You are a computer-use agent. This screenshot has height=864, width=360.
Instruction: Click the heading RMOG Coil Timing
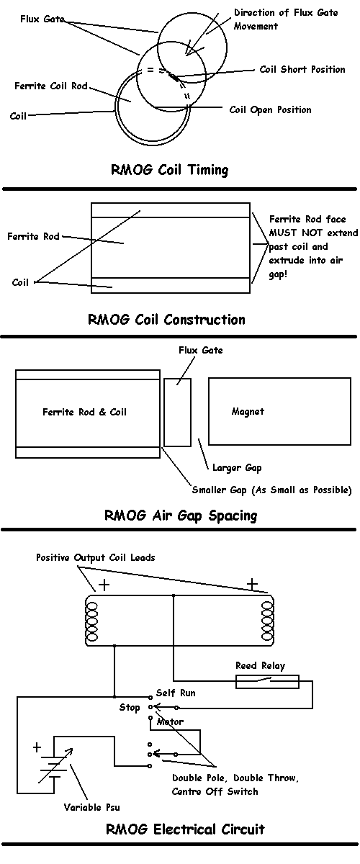[x=169, y=170]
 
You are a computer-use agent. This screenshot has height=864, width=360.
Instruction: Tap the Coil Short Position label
[x=302, y=69]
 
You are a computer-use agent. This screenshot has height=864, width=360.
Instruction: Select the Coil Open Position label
[x=270, y=110]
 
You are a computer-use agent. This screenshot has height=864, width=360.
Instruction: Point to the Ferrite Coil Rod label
[x=51, y=86]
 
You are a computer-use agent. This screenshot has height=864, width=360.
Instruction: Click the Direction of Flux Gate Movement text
[x=286, y=19]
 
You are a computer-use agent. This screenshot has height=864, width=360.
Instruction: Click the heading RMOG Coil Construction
[x=166, y=320]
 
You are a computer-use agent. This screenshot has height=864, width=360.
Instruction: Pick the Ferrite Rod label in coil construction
[x=33, y=236]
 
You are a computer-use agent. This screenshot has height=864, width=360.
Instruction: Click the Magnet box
[x=280, y=412]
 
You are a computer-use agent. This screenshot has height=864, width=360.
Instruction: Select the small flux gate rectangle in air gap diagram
[x=178, y=413]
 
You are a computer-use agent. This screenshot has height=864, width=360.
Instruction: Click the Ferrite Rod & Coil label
[x=84, y=413]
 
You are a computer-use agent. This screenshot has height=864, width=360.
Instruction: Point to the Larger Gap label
[x=237, y=468]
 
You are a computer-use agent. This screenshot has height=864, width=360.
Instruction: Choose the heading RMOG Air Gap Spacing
[x=181, y=516]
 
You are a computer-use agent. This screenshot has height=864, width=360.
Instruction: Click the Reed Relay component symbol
[x=267, y=682]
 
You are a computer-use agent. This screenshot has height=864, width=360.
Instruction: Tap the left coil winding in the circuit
[x=92, y=622]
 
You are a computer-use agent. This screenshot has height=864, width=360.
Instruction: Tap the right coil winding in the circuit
[x=267, y=621]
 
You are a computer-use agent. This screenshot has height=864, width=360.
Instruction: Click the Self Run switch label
[x=176, y=693]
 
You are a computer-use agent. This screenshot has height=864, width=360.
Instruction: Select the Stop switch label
[x=130, y=707]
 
